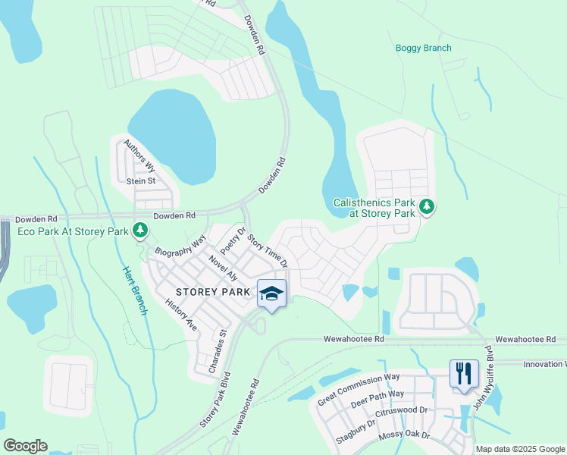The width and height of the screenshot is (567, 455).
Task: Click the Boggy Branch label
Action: click(423, 49)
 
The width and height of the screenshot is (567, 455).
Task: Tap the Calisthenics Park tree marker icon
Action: click(427, 206)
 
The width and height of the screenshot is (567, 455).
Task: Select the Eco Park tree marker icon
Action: click(139, 229)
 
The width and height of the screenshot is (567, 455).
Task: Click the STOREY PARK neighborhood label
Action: click(212, 291)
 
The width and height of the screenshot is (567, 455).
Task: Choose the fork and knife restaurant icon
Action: click(464, 373)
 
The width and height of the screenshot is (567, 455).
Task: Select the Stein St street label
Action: click(140, 181)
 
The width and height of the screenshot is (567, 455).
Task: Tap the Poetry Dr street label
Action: click(233, 240)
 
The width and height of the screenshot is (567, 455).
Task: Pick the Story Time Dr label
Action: click(268, 251)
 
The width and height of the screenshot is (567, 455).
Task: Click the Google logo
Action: click(26, 446)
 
